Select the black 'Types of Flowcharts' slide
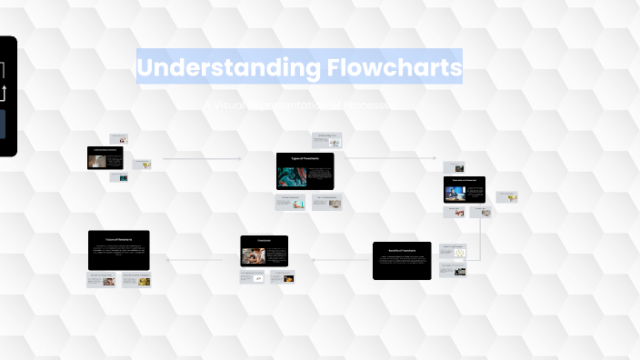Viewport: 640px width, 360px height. click(305, 171)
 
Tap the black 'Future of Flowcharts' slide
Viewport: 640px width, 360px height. click(119, 249)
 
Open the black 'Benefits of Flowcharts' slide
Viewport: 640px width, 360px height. click(402, 260)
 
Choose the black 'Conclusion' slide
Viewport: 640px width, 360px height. click(264, 250)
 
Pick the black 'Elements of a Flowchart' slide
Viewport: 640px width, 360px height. click(465, 189)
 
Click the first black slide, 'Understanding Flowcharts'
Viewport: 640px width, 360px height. click(105, 158)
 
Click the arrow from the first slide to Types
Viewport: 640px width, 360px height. click(202, 159)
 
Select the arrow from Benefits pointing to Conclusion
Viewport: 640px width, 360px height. click(340, 258)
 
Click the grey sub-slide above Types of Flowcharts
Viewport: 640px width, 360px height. click(326, 139)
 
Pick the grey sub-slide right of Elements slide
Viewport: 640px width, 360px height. click(506, 196)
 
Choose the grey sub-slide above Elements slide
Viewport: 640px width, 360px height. click(455, 166)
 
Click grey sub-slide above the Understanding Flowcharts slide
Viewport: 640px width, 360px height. click(119, 138)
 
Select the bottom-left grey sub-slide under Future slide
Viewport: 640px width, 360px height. click(102, 280)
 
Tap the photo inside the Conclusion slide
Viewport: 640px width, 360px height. click(252, 255)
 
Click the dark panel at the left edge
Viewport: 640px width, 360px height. click(7, 95)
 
